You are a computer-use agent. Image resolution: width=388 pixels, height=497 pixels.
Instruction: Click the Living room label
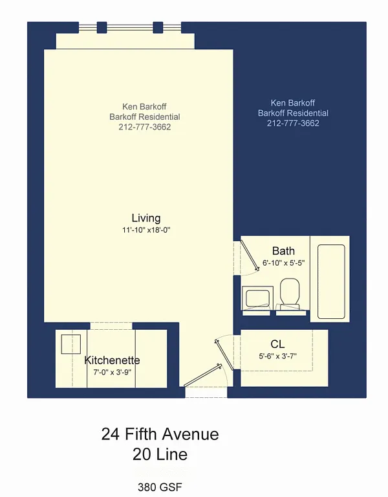[x=146, y=218]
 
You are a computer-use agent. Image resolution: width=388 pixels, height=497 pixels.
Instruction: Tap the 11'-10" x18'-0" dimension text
[x=146, y=230]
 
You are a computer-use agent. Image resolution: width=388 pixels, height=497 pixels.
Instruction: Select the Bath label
[x=283, y=251]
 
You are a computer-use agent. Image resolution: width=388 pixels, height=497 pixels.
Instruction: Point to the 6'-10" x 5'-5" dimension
[x=283, y=263]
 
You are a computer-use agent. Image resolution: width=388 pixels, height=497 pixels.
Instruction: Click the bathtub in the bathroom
[x=331, y=281]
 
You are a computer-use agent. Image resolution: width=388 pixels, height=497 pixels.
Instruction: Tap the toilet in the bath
[x=289, y=293]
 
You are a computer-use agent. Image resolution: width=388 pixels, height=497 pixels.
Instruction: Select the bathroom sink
[x=257, y=298]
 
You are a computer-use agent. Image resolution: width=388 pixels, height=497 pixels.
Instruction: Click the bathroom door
[x=250, y=255]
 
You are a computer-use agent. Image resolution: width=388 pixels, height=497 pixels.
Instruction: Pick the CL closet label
[x=277, y=344]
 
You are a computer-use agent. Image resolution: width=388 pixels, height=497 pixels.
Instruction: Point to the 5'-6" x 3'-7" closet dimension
[x=277, y=356]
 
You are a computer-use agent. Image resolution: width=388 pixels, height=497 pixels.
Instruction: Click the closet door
[x=224, y=354]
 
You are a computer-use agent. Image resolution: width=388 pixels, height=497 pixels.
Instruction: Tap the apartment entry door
[x=202, y=376]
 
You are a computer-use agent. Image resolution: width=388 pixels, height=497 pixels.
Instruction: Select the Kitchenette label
[x=112, y=360]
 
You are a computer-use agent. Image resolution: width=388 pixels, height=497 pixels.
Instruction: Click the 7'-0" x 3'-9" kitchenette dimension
[x=112, y=372]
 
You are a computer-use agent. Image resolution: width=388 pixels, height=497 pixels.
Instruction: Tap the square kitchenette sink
[x=71, y=344]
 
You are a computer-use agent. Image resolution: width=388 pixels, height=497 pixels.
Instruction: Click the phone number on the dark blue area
[x=293, y=123]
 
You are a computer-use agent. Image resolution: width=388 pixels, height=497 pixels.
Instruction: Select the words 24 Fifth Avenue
[x=160, y=434]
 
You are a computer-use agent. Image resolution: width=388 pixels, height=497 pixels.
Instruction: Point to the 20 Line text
[x=160, y=454]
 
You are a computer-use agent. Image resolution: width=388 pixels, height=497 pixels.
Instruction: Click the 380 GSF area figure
[x=160, y=487]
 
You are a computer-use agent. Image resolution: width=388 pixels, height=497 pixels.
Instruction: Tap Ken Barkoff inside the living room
[x=144, y=106]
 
